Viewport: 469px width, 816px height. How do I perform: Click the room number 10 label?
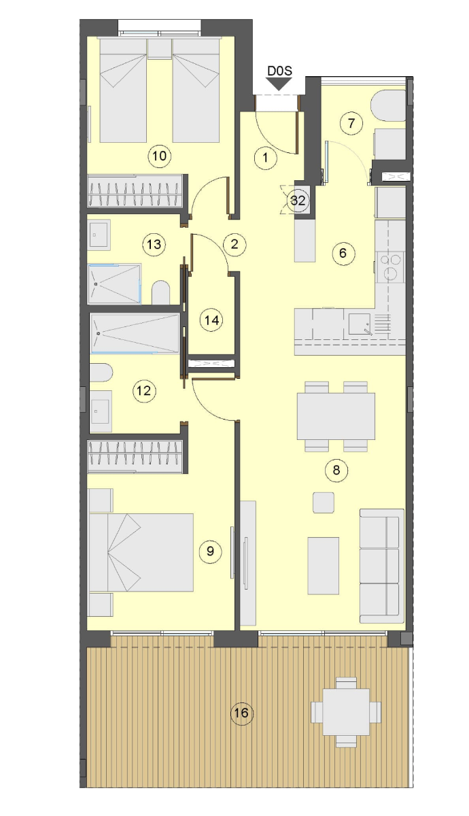click(x=160, y=156)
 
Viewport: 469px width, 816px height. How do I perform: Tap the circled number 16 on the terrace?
click(x=242, y=713)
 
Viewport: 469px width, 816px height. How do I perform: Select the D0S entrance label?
click(x=279, y=71)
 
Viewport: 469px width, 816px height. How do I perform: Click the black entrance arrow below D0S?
click(x=279, y=85)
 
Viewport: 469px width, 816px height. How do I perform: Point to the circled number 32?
click(x=298, y=201)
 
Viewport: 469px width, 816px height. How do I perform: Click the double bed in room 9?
click(x=141, y=552)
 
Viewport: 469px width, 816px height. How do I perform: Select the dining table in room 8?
click(x=336, y=416)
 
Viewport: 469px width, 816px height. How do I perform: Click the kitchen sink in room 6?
click(x=360, y=324)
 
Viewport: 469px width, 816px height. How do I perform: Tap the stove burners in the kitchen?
click(x=390, y=267)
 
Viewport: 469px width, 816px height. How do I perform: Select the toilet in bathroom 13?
click(x=160, y=292)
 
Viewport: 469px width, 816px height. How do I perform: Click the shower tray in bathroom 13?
click(x=114, y=284)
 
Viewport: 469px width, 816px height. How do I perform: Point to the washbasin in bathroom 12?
click(x=101, y=411)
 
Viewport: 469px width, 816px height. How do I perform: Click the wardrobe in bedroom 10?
click(x=135, y=191)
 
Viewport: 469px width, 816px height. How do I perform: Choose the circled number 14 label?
click(x=212, y=320)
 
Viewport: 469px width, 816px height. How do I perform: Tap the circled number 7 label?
click(x=351, y=123)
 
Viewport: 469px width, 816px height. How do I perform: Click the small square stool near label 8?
click(x=324, y=503)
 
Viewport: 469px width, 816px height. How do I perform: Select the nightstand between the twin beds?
click(x=160, y=49)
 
